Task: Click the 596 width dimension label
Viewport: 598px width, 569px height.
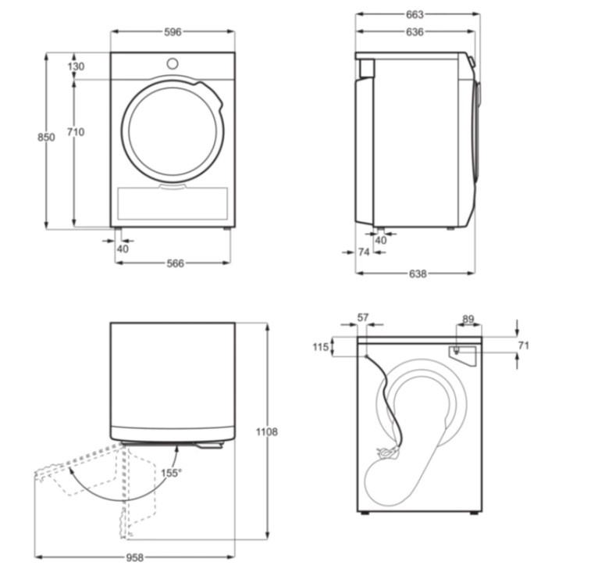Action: (x=173, y=32)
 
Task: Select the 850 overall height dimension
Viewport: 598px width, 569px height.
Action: (x=46, y=137)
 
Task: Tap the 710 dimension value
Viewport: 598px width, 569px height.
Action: (x=76, y=132)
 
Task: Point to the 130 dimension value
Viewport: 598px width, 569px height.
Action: (x=76, y=66)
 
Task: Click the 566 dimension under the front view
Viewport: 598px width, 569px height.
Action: (x=175, y=263)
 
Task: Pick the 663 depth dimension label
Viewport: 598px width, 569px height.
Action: (x=415, y=15)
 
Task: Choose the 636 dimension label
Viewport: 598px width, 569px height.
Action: (x=415, y=32)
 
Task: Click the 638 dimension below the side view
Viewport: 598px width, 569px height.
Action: (x=418, y=274)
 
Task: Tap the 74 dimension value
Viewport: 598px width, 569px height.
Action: (x=364, y=252)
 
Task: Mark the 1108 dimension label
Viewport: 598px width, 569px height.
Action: (x=266, y=432)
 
